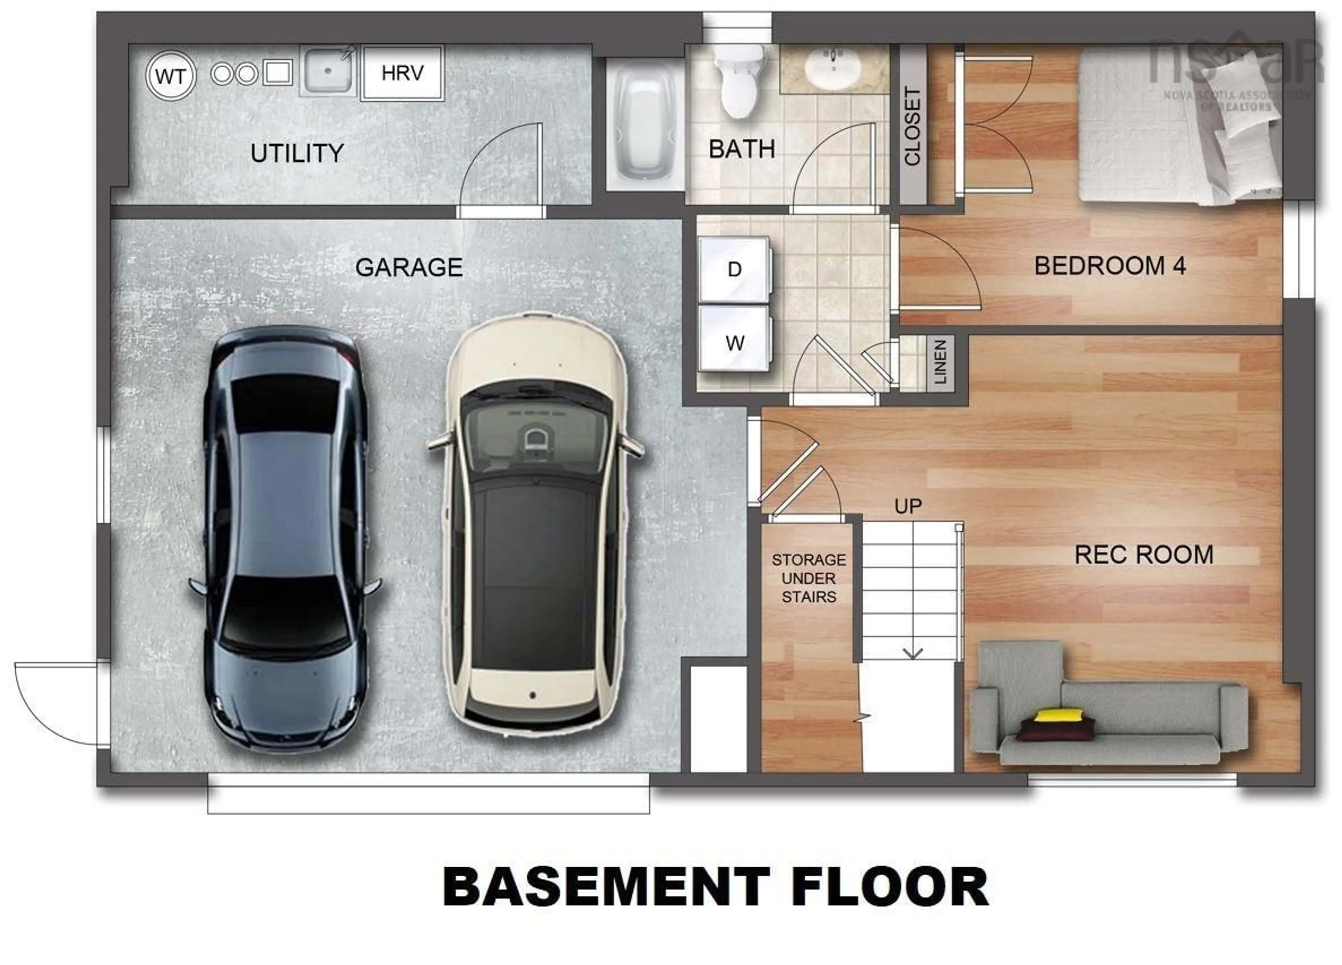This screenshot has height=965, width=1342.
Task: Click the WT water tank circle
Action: tap(171, 76)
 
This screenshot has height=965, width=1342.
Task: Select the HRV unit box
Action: tap(402, 73)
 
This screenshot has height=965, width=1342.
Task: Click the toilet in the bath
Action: tap(738, 83)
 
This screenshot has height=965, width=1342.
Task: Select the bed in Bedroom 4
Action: tap(1177, 127)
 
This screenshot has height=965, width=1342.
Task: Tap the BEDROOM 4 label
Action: tap(1110, 266)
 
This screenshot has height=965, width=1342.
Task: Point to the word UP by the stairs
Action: tap(908, 506)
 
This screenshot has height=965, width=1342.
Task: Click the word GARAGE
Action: tap(408, 268)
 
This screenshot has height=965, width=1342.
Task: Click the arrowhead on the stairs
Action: tap(913, 654)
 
